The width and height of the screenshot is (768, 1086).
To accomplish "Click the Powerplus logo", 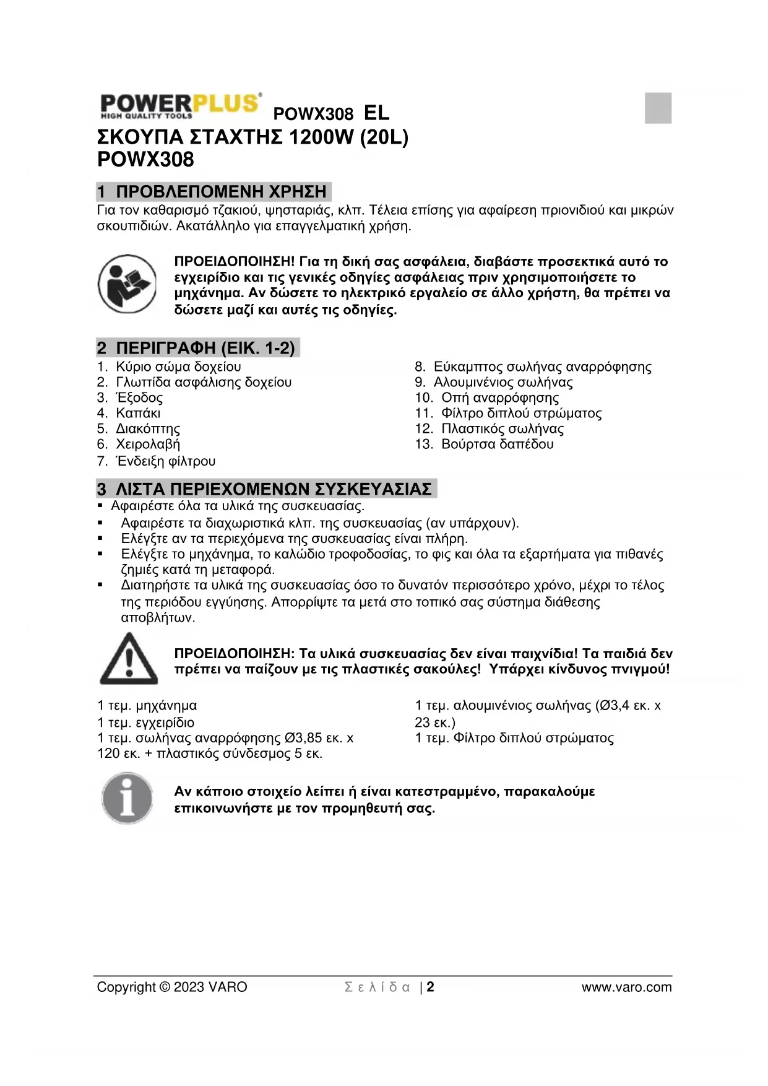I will point(179,106).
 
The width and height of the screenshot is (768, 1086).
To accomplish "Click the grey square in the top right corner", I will point(658,108).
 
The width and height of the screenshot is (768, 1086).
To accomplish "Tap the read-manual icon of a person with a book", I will point(127,284).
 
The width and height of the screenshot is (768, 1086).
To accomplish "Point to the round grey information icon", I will point(127,798).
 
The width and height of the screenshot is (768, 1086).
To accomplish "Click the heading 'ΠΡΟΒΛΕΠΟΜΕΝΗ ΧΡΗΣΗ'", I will point(221,191).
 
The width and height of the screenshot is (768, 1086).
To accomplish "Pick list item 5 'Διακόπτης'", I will point(148,428).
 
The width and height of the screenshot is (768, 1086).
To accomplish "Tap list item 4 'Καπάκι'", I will point(138,413).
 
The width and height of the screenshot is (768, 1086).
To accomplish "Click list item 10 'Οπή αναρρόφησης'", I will point(499,397).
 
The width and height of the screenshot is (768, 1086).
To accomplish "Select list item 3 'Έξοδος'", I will point(139,397).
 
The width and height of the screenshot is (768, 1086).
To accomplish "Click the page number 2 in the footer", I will point(431,987).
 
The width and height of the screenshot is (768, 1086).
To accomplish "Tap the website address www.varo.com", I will point(626,987).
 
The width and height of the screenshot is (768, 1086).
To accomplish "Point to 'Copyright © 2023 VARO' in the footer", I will point(172,987).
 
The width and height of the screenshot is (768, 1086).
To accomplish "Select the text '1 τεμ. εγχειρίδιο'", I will point(146,723).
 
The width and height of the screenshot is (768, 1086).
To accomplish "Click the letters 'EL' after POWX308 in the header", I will point(376,113).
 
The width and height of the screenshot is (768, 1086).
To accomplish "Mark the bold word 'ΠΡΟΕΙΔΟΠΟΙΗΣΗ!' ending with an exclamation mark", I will point(235,261).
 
